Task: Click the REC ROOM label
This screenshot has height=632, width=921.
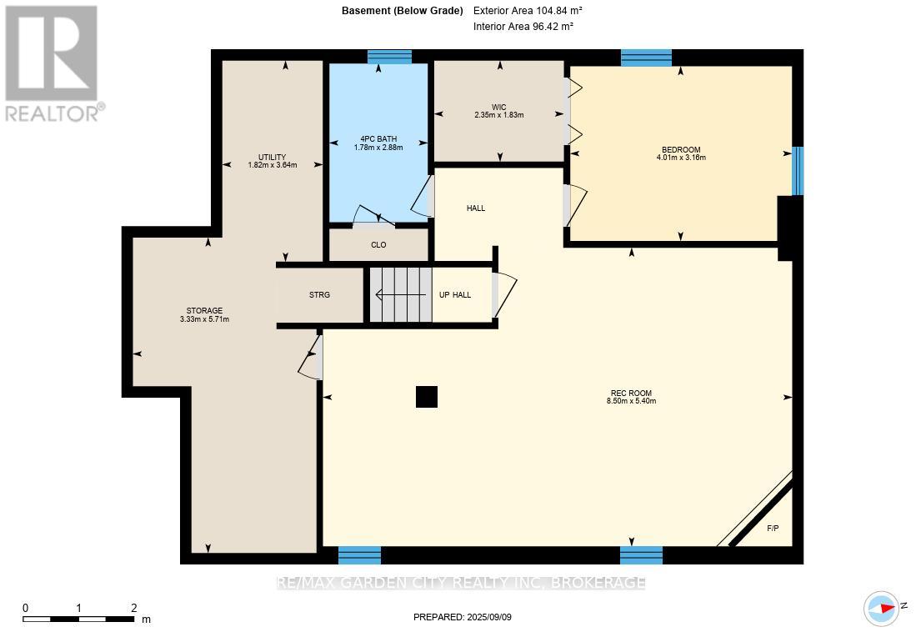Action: (631, 394)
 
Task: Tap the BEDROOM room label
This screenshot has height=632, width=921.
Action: (681, 150)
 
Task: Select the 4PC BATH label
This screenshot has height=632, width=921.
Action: (378, 139)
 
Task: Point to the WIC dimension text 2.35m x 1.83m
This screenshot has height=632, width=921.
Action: (498, 115)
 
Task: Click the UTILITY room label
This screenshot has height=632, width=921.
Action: (272, 158)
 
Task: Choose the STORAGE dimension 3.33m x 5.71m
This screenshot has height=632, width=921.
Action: (204, 319)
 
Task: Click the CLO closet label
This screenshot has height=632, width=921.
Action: (378, 245)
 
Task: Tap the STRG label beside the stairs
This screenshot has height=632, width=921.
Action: (319, 295)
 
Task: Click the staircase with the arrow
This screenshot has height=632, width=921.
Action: (401, 295)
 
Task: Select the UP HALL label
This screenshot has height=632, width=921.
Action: (455, 295)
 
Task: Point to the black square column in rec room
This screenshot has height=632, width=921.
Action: (427, 397)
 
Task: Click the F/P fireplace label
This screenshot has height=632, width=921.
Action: (773, 529)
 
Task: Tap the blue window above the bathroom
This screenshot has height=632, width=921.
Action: (389, 57)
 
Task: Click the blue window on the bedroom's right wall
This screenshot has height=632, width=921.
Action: (797, 171)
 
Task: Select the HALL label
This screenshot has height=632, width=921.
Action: (476, 208)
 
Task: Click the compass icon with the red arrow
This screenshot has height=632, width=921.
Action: (882, 608)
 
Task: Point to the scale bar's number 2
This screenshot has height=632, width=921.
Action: (134, 608)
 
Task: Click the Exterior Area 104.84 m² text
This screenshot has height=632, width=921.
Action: (528, 11)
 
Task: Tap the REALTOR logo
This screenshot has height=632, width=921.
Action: (53, 63)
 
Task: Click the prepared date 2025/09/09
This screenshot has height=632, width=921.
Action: (489, 617)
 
